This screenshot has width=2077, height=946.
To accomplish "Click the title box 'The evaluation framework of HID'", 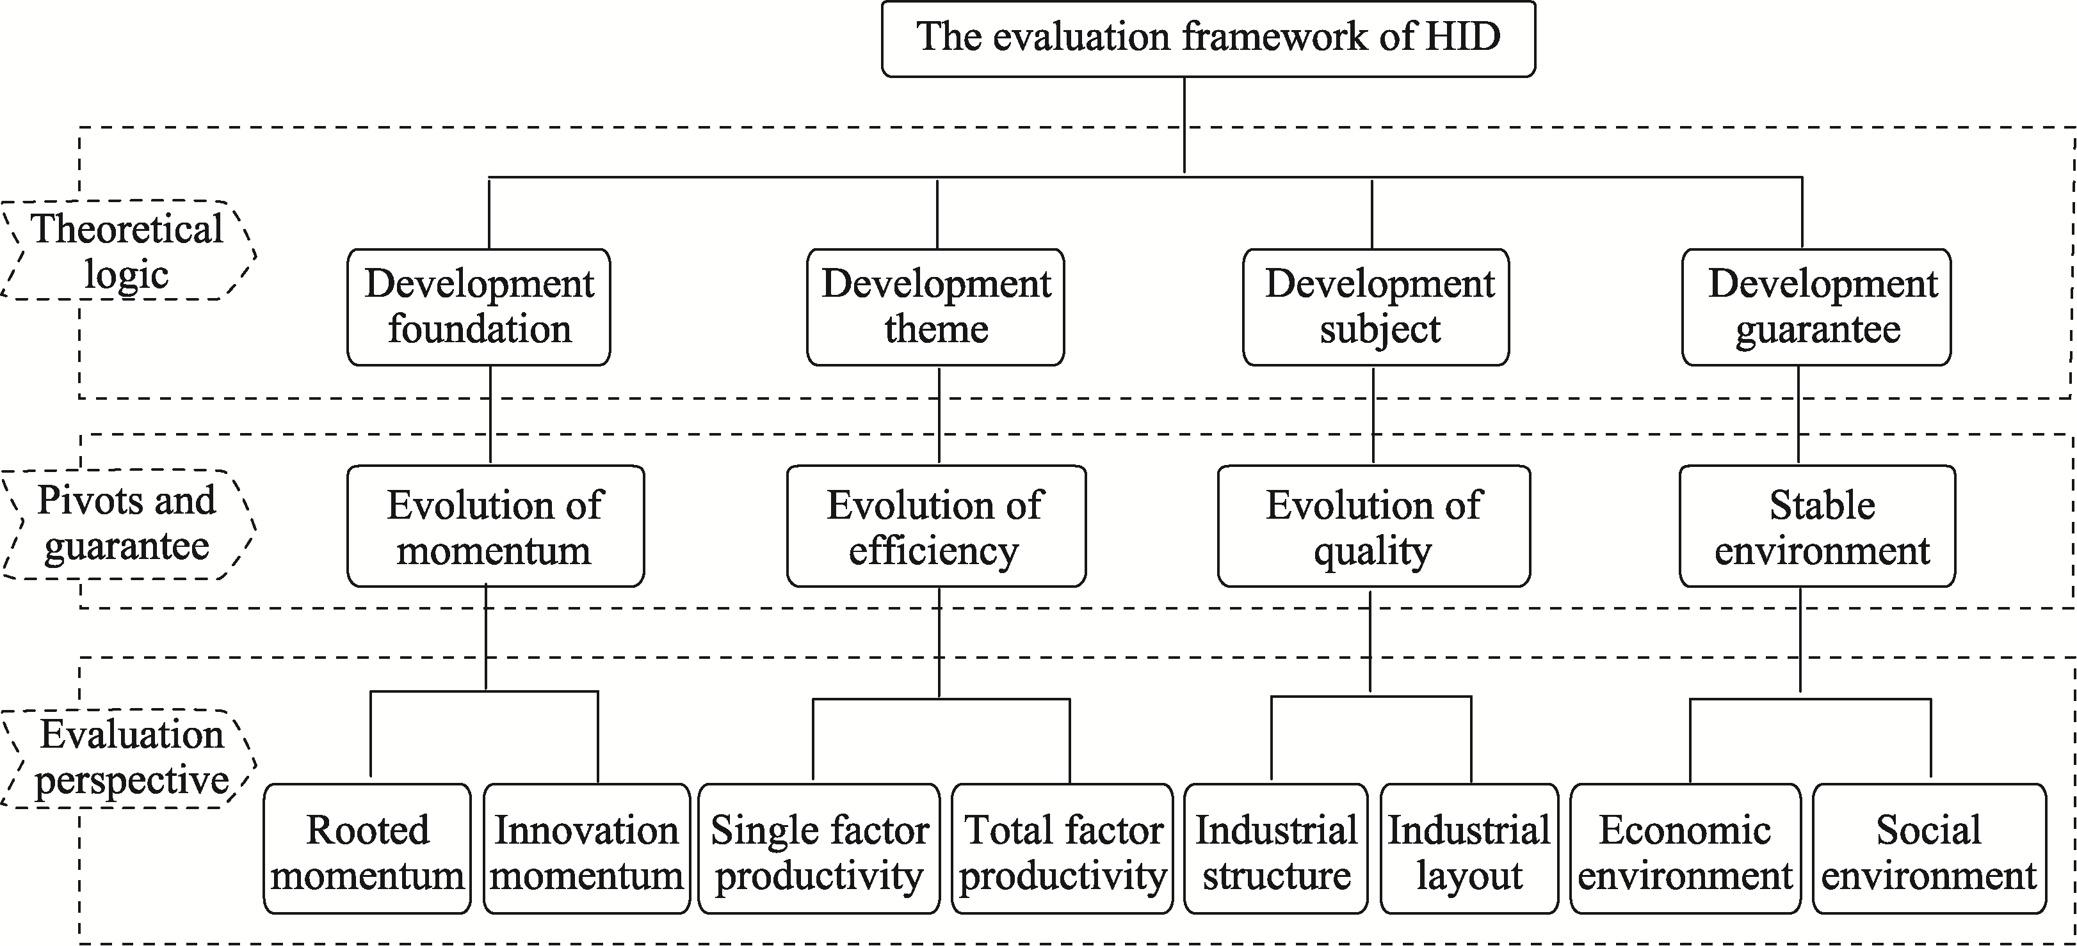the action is (1208, 38).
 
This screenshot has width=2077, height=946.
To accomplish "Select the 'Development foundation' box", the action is (479, 307).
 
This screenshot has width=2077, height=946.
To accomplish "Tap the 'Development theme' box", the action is (935, 307).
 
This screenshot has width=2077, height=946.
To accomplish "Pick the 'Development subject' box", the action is (1375, 307).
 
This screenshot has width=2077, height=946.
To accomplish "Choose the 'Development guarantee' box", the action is (1816, 307).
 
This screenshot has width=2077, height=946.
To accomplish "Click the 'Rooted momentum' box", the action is (368, 849).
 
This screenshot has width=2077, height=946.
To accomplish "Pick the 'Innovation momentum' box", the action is (587, 849).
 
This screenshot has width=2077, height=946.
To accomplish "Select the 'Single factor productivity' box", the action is (819, 849).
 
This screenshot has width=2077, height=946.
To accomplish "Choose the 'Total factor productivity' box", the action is (1063, 849).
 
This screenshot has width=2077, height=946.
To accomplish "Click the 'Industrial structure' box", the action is (1276, 849).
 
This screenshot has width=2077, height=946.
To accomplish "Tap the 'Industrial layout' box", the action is (1469, 849).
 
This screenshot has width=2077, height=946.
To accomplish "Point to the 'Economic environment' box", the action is (1685, 849).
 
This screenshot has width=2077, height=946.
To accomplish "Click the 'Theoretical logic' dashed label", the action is (127, 251).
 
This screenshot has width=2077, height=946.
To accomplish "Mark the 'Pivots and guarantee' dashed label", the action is (127, 524).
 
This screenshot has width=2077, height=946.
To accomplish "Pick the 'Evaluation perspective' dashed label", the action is (129, 757).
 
